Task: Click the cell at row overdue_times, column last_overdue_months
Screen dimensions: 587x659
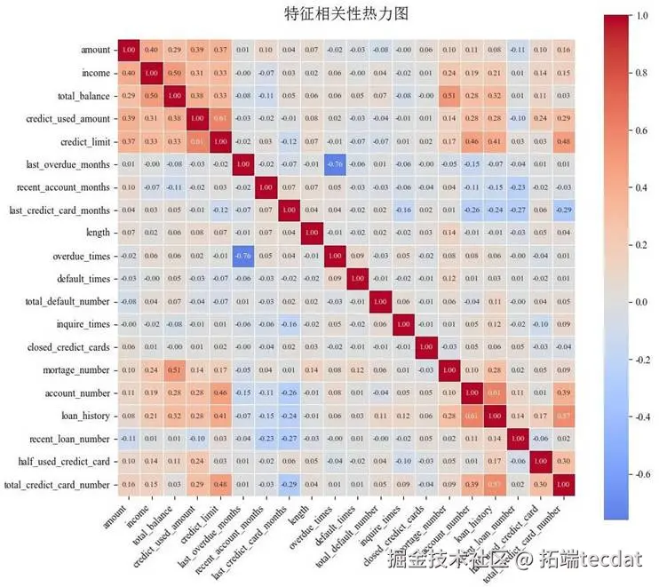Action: tap(243, 256)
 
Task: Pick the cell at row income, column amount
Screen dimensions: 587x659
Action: tap(129, 72)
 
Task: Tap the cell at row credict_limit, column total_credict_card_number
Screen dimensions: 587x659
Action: tap(563, 140)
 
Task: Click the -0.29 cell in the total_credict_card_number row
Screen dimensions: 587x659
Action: tap(289, 485)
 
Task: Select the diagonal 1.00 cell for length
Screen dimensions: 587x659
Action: tap(312, 233)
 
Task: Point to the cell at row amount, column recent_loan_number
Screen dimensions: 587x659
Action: tap(518, 49)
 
